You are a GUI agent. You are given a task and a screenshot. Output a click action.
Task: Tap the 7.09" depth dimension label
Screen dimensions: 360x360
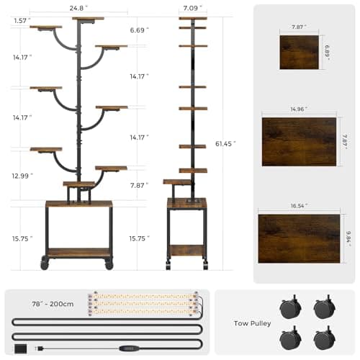point(192,8)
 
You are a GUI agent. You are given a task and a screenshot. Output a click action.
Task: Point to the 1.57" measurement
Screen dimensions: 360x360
point(22,21)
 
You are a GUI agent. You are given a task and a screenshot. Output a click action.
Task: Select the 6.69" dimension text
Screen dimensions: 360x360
point(139,30)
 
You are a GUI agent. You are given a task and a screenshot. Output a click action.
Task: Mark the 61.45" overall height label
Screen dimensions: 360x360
point(225,144)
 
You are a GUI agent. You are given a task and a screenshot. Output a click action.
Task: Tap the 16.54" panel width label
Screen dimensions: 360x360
point(299,206)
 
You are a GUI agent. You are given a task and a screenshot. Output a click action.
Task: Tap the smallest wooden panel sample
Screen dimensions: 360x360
point(299,52)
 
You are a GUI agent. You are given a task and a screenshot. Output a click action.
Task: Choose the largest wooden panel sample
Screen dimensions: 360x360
point(299,238)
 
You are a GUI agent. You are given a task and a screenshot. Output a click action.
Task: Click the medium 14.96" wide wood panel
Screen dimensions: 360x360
point(299,141)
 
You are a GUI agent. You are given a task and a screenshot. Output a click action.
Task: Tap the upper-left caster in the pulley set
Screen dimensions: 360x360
point(292,308)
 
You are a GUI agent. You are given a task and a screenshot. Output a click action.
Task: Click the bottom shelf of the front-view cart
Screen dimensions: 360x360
point(78,252)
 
